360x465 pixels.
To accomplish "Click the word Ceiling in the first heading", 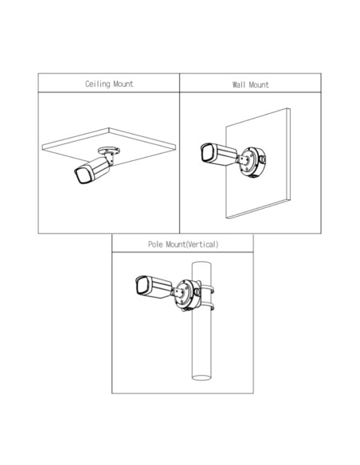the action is [97, 84].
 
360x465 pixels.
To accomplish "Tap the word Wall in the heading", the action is [239, 85].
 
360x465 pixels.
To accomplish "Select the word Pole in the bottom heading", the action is [155, 244].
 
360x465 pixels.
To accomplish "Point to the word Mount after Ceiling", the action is [123, 84].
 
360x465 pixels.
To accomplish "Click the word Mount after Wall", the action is [259, 85].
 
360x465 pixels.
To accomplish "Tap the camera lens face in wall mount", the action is [208, 153].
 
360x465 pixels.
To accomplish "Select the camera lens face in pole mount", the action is [143, 285].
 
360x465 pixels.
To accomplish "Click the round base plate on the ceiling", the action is [109, 150].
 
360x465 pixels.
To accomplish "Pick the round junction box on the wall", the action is [252, 162].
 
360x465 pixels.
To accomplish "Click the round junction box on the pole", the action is [187, 295].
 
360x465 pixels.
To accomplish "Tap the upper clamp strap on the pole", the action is [208, 289].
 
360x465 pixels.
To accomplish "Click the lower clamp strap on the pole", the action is [208, 307].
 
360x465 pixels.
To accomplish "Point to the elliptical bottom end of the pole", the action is [202, 377].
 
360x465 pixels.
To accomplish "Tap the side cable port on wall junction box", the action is [263, 159].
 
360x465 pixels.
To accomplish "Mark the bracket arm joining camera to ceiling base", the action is [109, 158].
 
